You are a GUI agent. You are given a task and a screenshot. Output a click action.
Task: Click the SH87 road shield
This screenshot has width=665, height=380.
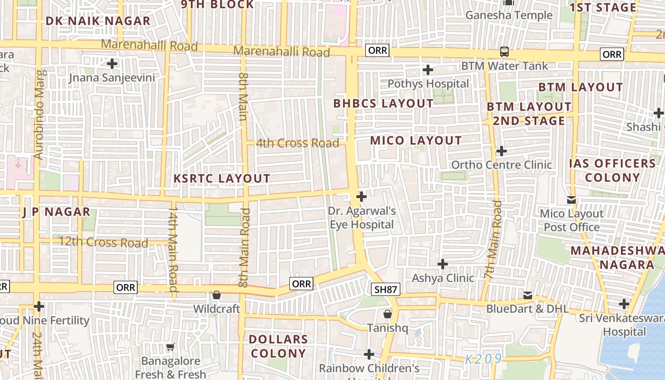coord(386,289)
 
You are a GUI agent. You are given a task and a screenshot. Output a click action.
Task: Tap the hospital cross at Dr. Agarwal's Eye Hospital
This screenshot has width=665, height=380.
coord(361,196)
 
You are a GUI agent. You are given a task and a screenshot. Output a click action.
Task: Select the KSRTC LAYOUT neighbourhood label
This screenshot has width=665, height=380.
coord(222,179)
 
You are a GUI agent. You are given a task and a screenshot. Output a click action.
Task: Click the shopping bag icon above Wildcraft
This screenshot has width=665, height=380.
coord(217,295)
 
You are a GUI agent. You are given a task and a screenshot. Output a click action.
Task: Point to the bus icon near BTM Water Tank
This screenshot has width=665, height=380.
coord(504,52)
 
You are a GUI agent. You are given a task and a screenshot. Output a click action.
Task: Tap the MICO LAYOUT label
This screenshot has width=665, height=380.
coord(416,141)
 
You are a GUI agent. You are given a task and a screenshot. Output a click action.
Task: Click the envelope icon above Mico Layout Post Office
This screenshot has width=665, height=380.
coord(571,200)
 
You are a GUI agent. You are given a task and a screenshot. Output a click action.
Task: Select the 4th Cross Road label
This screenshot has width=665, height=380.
coord(298,143)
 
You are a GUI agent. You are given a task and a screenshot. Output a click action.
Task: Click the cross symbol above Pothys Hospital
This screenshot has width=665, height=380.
coord(428,70)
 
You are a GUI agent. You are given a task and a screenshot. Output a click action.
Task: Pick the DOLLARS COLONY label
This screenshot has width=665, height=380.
coord(279,346)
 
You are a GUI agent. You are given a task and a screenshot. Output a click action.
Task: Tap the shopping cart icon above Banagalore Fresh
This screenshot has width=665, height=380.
coord(171,347)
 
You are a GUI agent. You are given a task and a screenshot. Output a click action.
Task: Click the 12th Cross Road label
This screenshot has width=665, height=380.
coord(103,243)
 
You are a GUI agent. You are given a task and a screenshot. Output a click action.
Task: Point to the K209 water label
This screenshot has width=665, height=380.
coord(483,359)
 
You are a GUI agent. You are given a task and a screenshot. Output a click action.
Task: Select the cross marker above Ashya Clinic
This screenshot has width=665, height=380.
coord(443,264)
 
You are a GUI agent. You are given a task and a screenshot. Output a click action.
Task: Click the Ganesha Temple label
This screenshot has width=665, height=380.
coord(509,15)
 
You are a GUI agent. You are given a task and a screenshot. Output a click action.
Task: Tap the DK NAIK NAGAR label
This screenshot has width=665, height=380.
coord(98,21)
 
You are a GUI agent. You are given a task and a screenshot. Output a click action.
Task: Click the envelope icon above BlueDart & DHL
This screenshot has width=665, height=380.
coord(527,295)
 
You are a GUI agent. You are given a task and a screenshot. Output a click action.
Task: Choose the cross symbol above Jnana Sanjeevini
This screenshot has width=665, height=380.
coord(112,63)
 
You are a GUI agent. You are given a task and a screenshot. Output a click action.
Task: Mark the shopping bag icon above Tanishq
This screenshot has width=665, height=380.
coord(388,314)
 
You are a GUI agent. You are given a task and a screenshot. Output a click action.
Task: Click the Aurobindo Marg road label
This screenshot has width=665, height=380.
coord(40,115)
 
